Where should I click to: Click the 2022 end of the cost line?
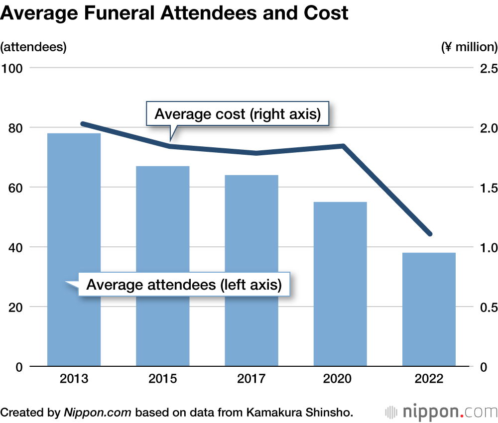coord(430,234)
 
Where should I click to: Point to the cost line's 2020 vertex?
coord(343,146)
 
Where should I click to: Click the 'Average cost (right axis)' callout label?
coord(237,114)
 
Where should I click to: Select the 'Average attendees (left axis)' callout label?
coord(184,285)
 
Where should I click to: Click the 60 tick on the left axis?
coord(16,188)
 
